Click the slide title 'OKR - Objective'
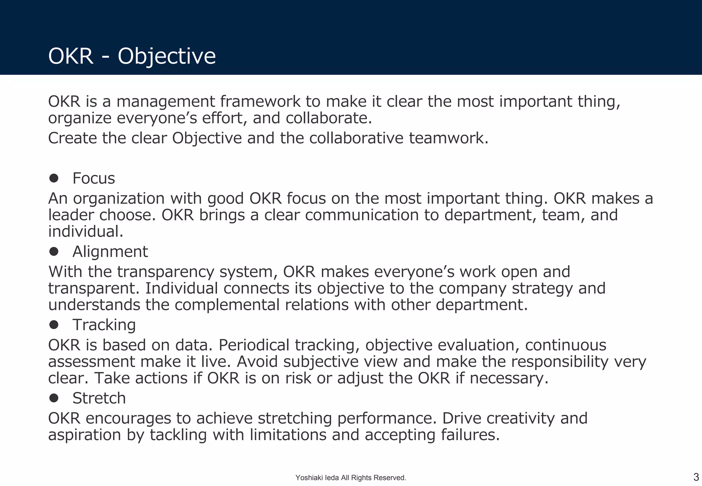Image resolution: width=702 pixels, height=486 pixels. pos(132,56)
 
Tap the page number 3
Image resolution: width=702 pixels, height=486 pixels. pos(696,477)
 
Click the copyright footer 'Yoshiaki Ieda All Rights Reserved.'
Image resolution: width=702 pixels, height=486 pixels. pos(351,478)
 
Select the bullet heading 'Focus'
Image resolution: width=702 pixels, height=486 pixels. pos(94,179)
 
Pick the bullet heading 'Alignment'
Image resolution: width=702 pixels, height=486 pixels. pos(110,252)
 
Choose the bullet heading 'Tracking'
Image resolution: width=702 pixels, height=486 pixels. pos(104,325)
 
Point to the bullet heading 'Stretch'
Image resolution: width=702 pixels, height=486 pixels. pos(99,398)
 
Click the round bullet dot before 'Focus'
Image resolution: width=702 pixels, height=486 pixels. pos(54,178)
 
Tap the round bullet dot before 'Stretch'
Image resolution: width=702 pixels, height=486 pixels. pos(54,398)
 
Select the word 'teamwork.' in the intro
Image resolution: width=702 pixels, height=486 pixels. pos(448,138)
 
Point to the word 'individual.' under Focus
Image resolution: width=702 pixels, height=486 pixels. pos(86,231)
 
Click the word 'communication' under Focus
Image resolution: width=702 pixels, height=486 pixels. pos(362,215)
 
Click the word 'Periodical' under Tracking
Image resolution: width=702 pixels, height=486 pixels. pos(254,345)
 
